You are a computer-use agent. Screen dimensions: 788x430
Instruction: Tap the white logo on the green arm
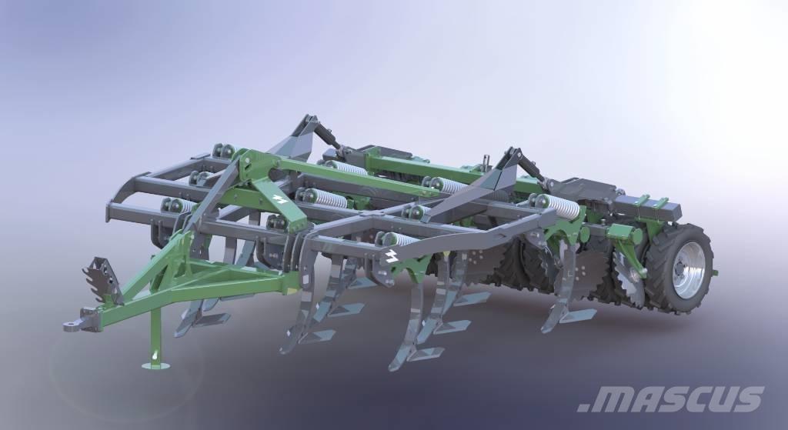click(279, 198)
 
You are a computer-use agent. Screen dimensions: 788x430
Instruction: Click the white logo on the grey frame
click(391, 256)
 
